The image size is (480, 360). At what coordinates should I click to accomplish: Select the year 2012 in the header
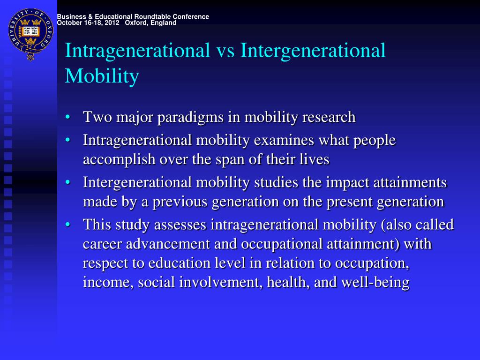tap(111, 23)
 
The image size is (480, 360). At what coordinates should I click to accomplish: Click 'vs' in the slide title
tap(225, 51)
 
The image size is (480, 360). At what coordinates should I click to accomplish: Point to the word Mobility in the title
tap(102, 76)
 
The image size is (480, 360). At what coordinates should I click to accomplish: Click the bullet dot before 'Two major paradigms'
tap(68, 117)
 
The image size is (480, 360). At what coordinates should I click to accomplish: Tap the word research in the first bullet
tap(329, 117)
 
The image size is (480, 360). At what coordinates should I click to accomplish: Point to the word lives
tap(315, 159)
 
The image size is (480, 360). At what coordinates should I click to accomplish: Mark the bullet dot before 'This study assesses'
tap(68, 225)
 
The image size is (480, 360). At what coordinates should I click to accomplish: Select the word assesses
tap(181, 225)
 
